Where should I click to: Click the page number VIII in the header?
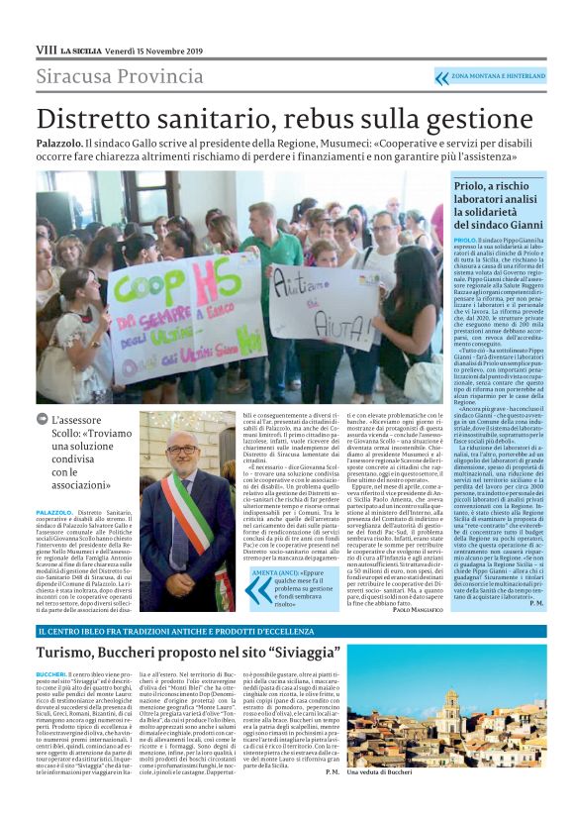click(x=46, y=49)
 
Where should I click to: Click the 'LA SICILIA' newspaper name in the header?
click(x=80, y=50)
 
